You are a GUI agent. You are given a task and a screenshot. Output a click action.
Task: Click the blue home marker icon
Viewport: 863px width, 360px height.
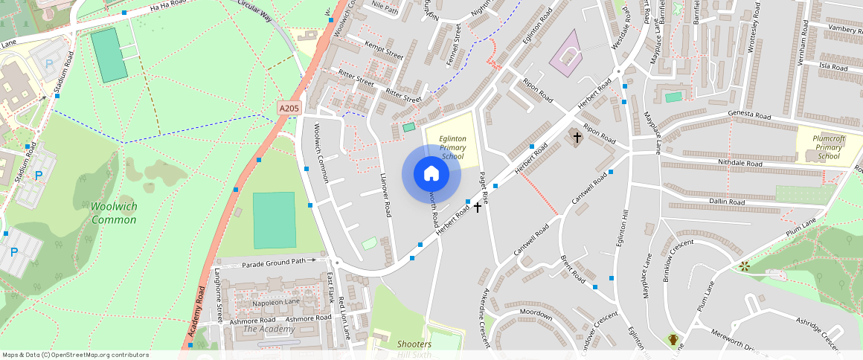coord(431,174)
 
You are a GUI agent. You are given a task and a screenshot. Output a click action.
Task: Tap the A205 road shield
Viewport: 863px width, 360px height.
coord(289,109)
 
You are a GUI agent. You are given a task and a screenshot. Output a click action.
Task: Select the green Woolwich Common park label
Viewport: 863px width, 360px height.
coord(114,213)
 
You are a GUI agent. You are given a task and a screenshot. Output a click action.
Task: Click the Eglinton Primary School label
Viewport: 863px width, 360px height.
coord(452,147)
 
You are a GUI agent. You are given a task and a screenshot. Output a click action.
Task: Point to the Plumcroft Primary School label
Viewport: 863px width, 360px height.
coord(828,147)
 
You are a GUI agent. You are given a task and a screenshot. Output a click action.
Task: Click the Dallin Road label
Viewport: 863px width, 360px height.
coord(727,202)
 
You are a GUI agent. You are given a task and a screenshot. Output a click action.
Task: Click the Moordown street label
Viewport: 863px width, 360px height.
coord(536,314)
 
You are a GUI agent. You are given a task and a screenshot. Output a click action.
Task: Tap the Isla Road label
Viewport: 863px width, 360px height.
coord(833,66)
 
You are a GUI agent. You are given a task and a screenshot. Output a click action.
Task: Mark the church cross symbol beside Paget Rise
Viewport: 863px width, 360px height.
coord(478,207)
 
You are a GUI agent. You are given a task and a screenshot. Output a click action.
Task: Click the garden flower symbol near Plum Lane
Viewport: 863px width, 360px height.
coord(744,266)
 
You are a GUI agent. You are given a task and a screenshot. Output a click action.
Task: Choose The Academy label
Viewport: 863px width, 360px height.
coord(269,329)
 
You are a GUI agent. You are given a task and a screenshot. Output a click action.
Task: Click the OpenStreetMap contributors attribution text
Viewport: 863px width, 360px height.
coord(75,355)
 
